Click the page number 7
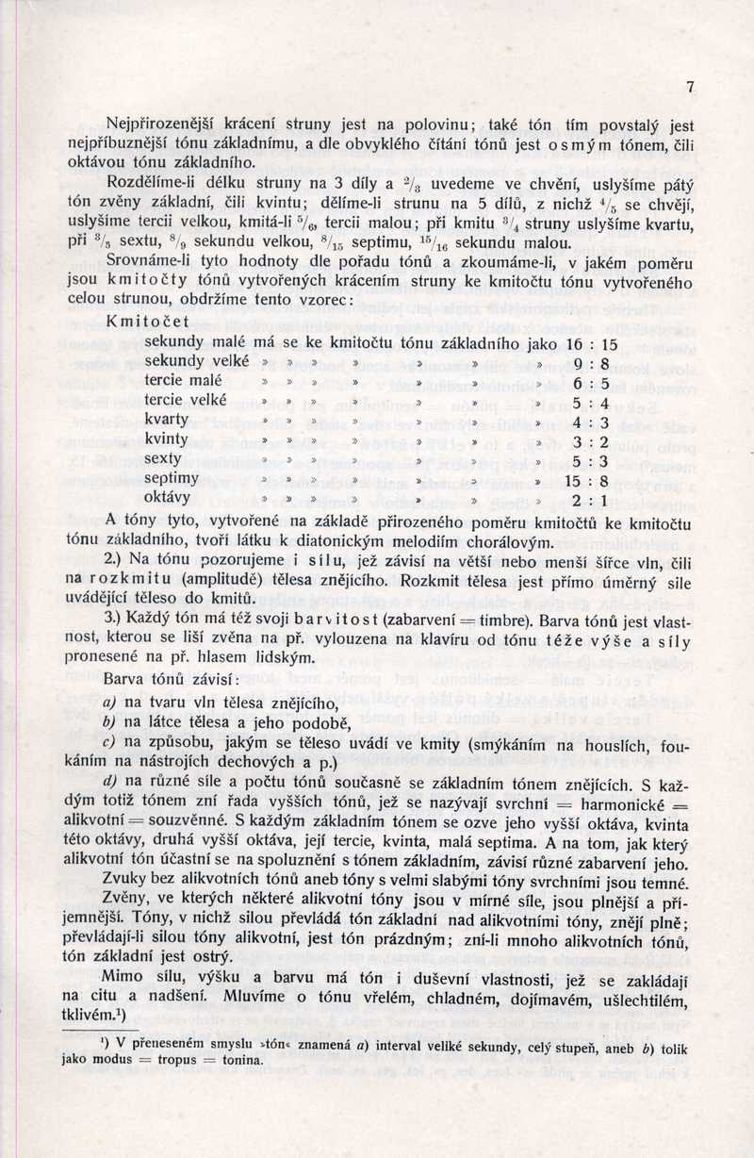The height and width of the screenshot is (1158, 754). [690, 87]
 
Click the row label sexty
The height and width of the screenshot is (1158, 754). [163, 459]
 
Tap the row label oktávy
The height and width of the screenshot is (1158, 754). [168, 498]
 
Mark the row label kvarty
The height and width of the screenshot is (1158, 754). [167, 420]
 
